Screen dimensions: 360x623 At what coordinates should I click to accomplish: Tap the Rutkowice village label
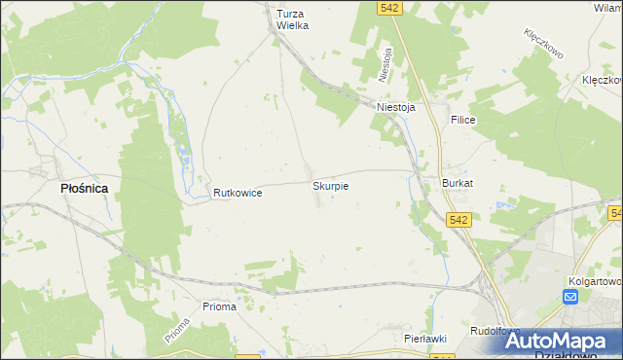pyautogui.click(x=238, y=194)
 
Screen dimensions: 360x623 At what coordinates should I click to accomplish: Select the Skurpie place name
pyautogui.click(x=331, y=184)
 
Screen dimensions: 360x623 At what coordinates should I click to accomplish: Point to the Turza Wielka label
pyautogui.click(x=292, y=19)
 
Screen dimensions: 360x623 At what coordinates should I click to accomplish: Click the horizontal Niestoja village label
pyautogui.click(x=396, y=108)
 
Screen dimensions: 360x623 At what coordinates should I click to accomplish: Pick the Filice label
pyautogui.click(x=462, y=118)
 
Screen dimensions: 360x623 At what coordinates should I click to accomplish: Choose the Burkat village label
pyautogui.click(x=458, y=183)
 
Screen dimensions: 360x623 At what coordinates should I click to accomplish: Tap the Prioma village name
pyautogui.click(x=219, y=306)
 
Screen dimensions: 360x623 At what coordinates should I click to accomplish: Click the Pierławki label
pyautogui.click(x=425, y=338)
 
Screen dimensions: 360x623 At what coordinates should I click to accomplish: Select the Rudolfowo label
pyautogui.click(x=492, y=331)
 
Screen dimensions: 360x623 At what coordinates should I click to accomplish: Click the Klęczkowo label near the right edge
pyautogui.click(x=602, y=80)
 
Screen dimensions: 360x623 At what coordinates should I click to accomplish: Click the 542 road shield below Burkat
pyautogui.click(x=460, y=221)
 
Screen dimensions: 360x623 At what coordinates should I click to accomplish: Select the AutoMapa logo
pyautogui.click(x=560, y=342)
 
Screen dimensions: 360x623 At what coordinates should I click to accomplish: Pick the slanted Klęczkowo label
pyautogui.click(x=544, y=45)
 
